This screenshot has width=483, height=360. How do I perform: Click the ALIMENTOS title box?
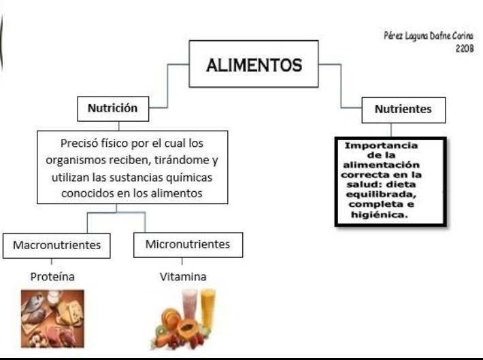(254, 65)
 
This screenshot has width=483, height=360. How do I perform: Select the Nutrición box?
(112, 108)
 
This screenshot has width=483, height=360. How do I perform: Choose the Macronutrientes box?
(56, 245)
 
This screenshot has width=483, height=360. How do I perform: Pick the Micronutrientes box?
(188, 244)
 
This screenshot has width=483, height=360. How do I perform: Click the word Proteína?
(52, 277)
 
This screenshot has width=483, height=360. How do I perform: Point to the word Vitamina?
(183, 277)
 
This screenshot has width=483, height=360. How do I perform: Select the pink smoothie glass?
(189, 302)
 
